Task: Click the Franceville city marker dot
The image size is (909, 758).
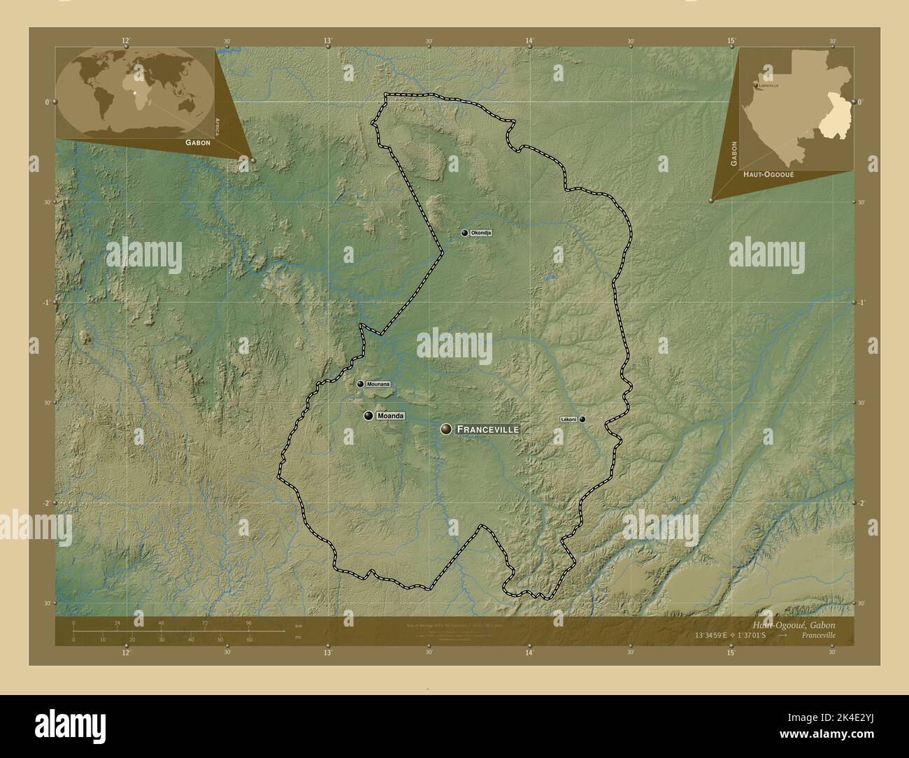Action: [446, 429]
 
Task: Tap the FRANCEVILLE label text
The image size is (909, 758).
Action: [487, 429]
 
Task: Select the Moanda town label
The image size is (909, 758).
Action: [390, 416]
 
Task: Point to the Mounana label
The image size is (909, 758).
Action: [378, 384]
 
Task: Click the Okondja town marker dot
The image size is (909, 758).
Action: [464, 233]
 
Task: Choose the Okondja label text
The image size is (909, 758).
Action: [481, 233]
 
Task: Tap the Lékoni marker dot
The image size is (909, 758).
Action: [582, 420]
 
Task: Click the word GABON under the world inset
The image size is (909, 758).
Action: [198, 142]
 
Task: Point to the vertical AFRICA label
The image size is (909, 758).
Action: [218, 126]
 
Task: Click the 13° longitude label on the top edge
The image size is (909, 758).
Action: [328, 41]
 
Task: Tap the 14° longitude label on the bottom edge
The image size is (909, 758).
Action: [529, 653]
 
